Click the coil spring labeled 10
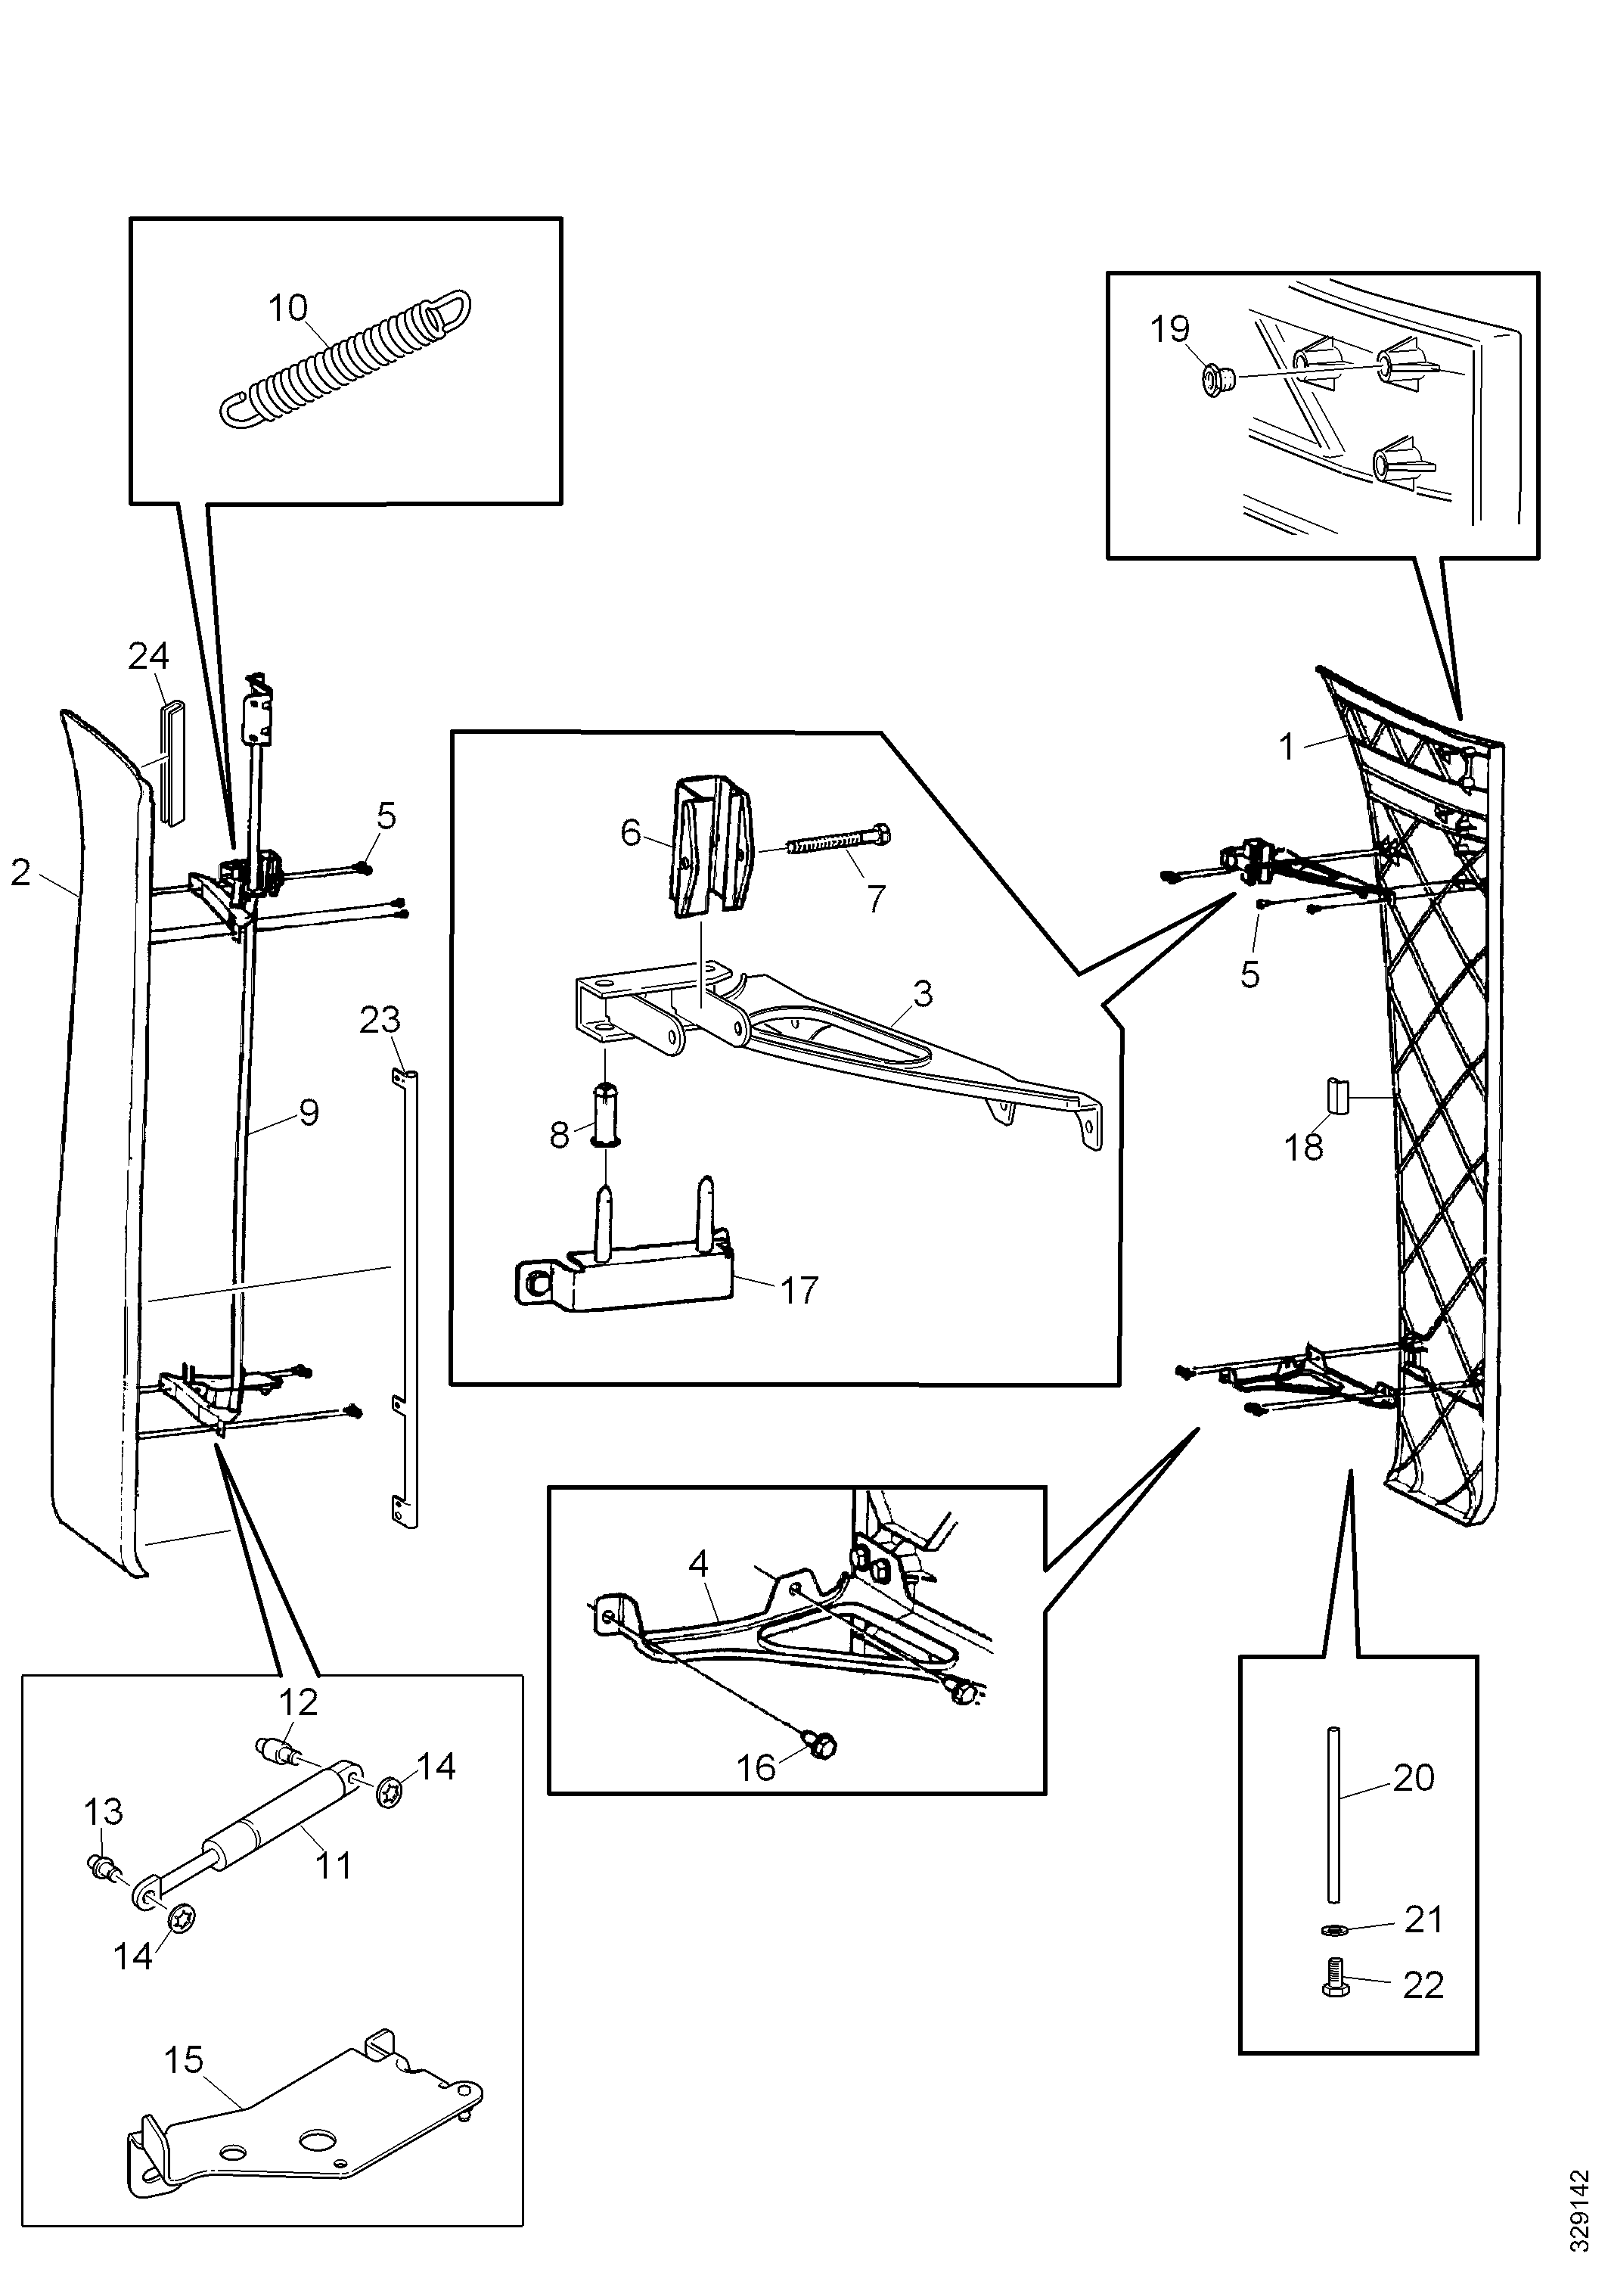click(345, 359)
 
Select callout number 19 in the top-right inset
click(1169, 329)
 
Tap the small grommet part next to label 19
click(1214, 378)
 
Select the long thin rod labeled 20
click(1333, 1815)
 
